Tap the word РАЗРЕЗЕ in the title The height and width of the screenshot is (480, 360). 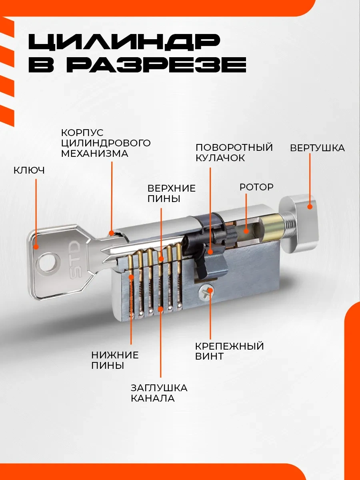tap(159, 65)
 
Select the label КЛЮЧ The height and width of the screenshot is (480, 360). tap(29, 170)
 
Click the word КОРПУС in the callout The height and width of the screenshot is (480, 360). tap(82, 132)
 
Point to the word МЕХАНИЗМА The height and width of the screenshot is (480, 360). tap(94, 154)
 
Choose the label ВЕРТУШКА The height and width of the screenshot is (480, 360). tap(317, 148)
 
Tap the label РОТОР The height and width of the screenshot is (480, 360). tap(256, 187)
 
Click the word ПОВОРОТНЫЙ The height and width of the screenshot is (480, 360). tap(234, 147)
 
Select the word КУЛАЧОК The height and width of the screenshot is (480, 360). tap(220, 158)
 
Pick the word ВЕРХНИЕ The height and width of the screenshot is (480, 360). tap(171, 188)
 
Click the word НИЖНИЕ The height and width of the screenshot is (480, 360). tap(115, 355)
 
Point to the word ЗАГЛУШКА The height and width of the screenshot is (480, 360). tap(159, 388)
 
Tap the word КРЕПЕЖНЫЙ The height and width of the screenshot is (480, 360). tap(230, 346)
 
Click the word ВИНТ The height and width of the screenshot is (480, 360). tap(209, 357)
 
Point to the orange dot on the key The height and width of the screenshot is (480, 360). tap(36, 247)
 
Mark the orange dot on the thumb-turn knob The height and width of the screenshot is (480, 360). tap(310, 207)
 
